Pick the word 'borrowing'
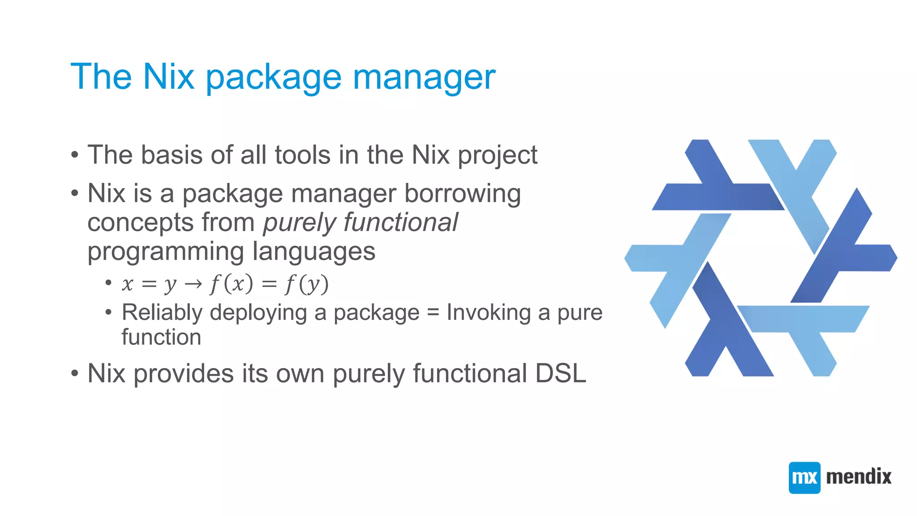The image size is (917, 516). (463, 193)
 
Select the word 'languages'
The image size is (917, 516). (313, 252)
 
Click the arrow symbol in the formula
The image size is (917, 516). (193, 284)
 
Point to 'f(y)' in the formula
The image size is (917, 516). (307, 284)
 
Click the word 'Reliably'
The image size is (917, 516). (162, 313)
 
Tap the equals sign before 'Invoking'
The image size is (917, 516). (433, 313)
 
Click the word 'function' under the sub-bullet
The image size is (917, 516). (161, 337)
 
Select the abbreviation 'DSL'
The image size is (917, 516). (561, 373)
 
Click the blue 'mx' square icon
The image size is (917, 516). (804, 477)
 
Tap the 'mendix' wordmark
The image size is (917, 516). (858, 477)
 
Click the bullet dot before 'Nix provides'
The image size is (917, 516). (75, 373)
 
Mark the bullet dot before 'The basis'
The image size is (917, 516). (75, 155)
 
